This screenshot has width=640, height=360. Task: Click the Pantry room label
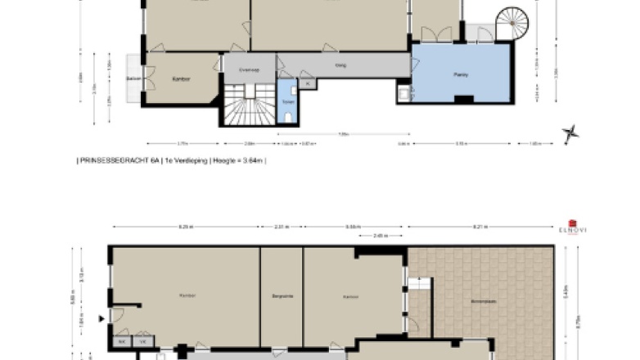pyautogui.click(x=461, y=73)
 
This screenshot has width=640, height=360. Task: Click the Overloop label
pyautogui.click(x=249, y=70)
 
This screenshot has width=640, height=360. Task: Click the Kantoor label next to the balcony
pyautogui.click(x=181, y=79)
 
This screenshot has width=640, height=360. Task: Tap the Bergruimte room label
pyautogui.click(x=282, y=295)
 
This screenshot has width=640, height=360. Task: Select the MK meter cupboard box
pyautogui.click(x=122, y=340)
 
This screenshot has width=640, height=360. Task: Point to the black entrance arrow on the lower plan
pyautogui.click(x=101, y=319)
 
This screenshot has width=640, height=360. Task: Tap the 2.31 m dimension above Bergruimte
pyautogui.click(x=281, y=226)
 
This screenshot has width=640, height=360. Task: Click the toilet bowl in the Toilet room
pyautogui.click(x=289, y=116)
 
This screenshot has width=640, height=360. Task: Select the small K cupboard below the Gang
pyautogui.click(x=306, y=83)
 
